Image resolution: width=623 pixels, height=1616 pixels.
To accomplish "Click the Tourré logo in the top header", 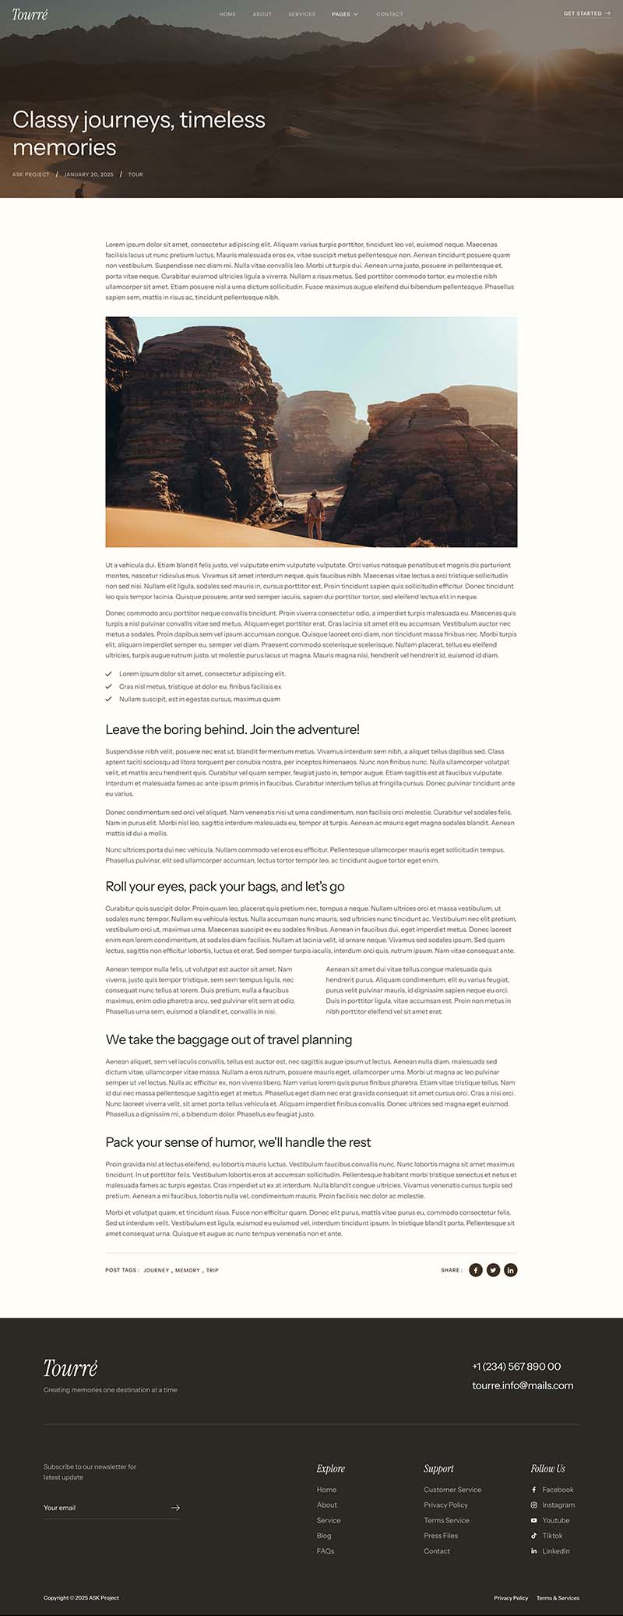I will pyautogui.click(x=30, y=14).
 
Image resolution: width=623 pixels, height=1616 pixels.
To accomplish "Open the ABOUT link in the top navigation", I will pyautogui.click(x=262, y=14).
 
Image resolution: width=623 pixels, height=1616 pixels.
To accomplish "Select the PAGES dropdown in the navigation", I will pyautogui.click(x=344, y=14).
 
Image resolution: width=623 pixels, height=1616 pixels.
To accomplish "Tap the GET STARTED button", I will pyautogui.click(x=586, y=13).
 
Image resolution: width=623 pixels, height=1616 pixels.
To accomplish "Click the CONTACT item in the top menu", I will pyautogui.click(x=389, y=14).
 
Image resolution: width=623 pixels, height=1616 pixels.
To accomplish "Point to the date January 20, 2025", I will pyautogui.click(x=89, y=175).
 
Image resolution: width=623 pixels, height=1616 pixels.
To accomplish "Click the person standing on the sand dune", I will pyautogui.click(x=314, y=513).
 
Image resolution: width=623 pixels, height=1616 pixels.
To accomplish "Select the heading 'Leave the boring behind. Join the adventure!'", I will pyautogui.click(x=232, y=729).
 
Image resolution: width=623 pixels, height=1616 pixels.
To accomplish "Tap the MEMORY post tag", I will pyautogui.click(x=187, y=1270).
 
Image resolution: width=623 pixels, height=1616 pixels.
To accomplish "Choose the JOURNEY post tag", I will pyautogui.click(x=156, y=1270).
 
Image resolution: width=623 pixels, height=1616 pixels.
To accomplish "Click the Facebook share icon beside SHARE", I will pyautogui.click(x=476, y=1270).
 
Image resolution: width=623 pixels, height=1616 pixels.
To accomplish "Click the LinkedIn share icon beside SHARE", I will pyautogui.click(x=510, y=1270).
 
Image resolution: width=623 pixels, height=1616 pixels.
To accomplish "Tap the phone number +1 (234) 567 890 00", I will pyautogui.click(x=516, y=1366).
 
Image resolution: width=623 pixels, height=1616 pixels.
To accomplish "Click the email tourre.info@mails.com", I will pyautogui.click(x=523, y=1385).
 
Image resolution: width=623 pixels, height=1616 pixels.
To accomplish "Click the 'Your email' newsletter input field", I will pyautogui.click(x=105, y=1508).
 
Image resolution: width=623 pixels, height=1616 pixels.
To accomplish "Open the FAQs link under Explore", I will pyautogui.click(x=326, y=1551).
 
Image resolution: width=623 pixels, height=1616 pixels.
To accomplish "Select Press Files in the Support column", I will pyautogui.click(x=441, y=1535).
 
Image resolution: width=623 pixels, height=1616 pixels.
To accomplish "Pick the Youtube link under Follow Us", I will pyautogui.click(x=555, y=1520).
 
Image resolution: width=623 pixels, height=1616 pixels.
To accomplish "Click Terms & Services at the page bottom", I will pyautogui.click(x=558, y=1598).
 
